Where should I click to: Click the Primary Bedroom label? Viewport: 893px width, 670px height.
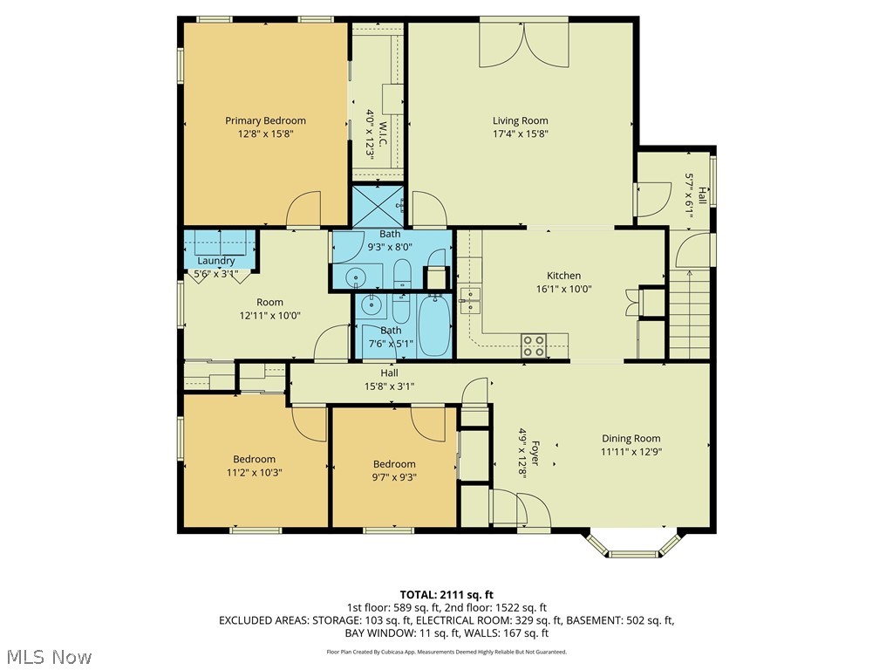(265, 120)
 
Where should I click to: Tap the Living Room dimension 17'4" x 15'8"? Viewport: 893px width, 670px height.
(520, 133)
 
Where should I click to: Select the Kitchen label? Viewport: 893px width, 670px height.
(563, 276)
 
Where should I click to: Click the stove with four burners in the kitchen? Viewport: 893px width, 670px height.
(534, 345)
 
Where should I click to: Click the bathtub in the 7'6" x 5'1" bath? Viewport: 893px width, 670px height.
(433, 325)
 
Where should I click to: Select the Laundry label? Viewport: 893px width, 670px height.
(215, 261)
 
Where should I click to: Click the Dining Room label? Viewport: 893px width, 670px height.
(631, 439)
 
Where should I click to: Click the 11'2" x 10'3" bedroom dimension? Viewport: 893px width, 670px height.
(253, 472)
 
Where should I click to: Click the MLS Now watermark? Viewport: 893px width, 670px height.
(49, 656)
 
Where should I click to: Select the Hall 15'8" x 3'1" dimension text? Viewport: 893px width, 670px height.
(389, 386)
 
